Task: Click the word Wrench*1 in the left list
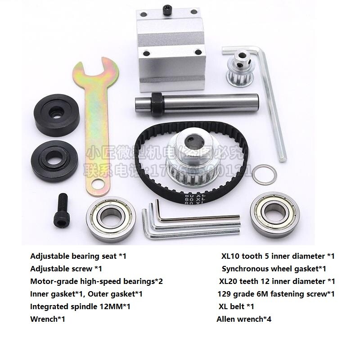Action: [x=48, y=319]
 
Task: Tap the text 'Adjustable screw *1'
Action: [x=66, y=269]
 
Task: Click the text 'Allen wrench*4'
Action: [x=244, y=319]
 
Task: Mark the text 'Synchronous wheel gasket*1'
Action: [x=274, y=269]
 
